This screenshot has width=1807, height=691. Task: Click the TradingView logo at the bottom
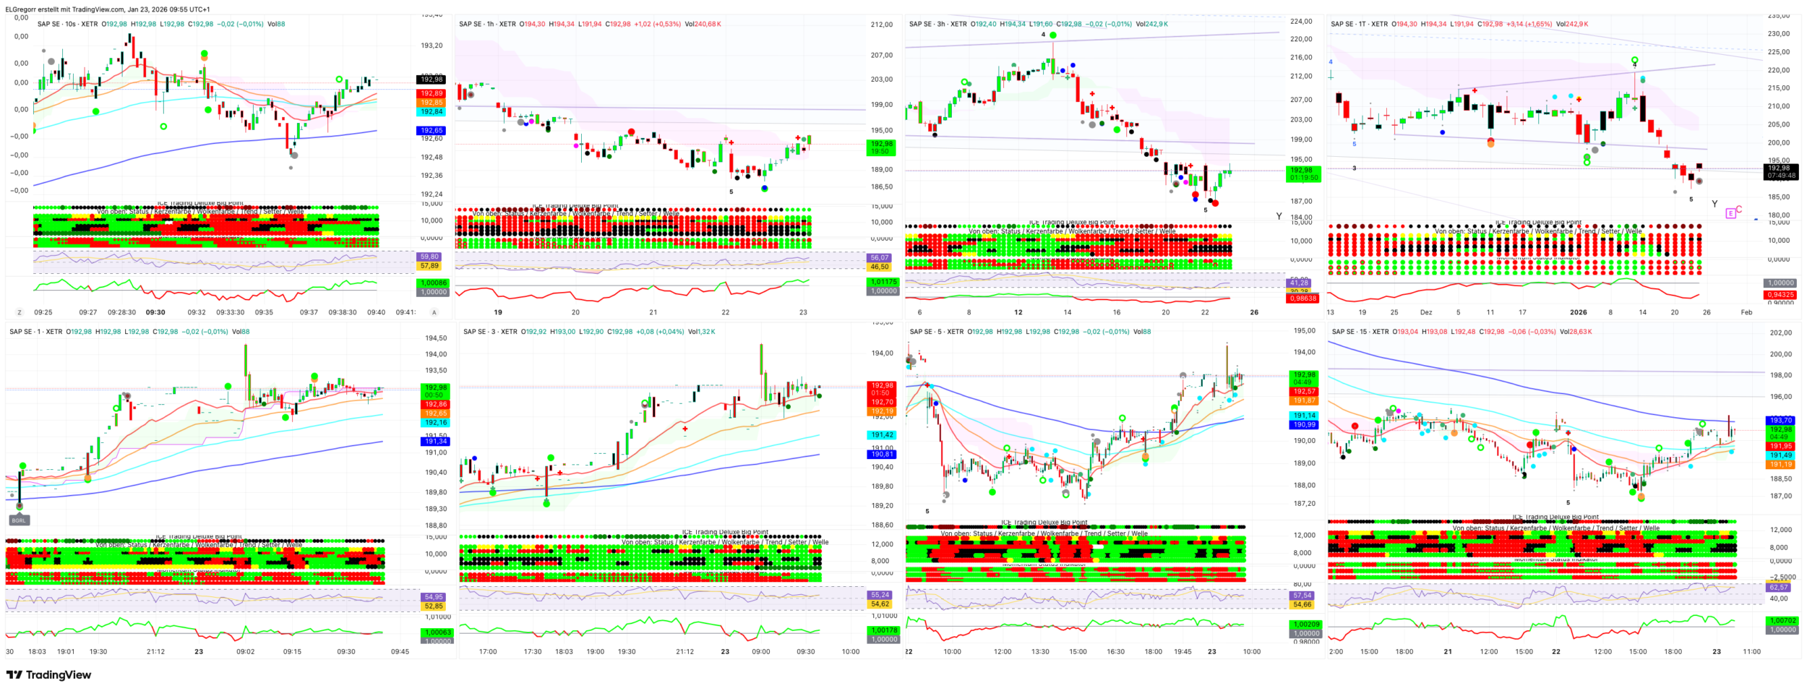[48, 675]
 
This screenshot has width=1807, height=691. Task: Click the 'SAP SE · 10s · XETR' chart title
[67, 24]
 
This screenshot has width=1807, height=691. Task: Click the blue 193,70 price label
[1780, 420]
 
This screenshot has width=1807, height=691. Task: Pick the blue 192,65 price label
[432, 131]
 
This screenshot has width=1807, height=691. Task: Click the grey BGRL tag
[19, 520]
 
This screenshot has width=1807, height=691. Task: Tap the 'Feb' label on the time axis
[1746, 312]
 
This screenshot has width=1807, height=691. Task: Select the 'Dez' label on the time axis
[1425, 312]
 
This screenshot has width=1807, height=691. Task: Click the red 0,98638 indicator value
[1302, 298]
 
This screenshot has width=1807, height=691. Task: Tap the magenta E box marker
[1730, 213]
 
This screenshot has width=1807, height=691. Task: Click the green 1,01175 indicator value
[883, 282]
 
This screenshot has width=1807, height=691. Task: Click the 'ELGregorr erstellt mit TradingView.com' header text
[108, 9]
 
